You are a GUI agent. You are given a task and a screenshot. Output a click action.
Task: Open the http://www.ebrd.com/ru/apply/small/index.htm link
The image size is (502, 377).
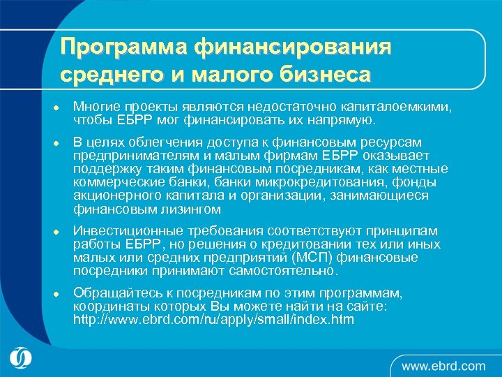213,320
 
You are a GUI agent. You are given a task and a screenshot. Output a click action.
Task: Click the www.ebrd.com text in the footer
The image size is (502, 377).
443,365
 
